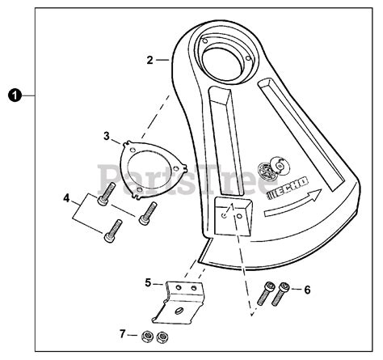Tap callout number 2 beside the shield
[150, 58]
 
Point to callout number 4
[67, 197]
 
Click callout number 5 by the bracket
[149, 282]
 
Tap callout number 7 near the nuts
[124, 333]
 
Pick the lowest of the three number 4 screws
[112, 235]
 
